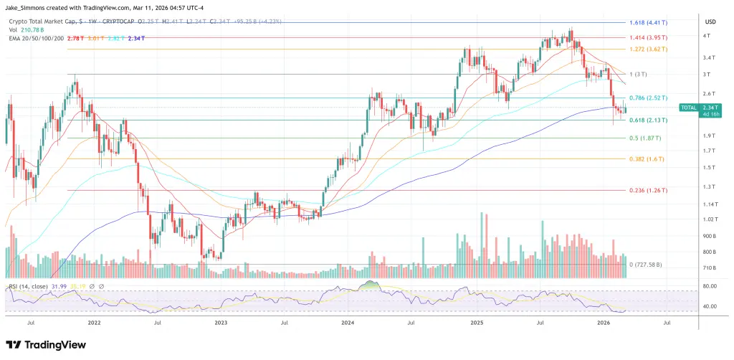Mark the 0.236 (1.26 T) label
click(648, 190)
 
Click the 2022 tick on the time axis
click(94, 323)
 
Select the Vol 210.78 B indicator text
click(27, 29)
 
